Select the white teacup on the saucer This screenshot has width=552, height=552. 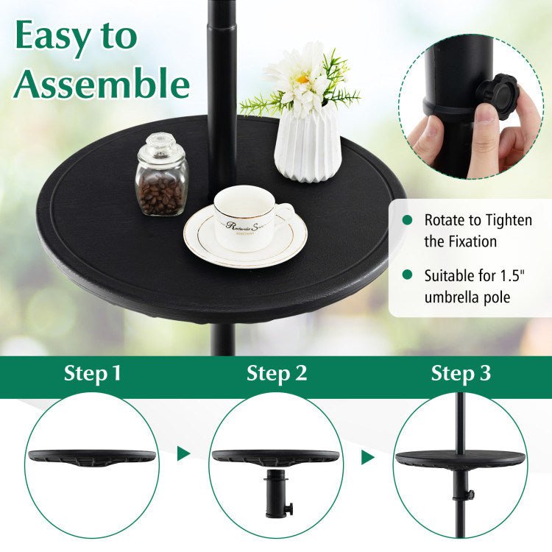[244, 216]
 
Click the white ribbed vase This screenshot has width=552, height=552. [307, 144]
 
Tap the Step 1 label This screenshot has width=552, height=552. [92, 373]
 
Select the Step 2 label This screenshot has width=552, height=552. [277, 373]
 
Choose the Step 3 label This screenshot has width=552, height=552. [461, 373]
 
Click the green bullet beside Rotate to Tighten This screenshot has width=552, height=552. [406, 220]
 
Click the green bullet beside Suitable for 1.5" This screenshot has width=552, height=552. [406, 276]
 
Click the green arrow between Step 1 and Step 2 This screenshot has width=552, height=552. [183, 453]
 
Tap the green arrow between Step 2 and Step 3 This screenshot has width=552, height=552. [367, 457]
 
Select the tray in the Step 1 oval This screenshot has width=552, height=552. [92, 457]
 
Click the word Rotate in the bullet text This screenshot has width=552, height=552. [445, 220]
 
